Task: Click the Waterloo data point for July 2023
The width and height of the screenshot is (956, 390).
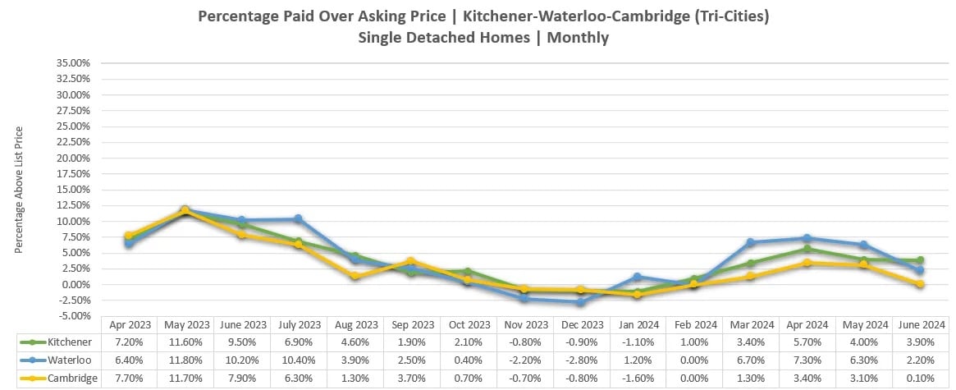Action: [x=298, y=219]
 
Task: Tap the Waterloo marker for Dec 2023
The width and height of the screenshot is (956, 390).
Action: [x=581, y=302]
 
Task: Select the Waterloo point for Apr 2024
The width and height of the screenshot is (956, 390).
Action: [x=807, y=239]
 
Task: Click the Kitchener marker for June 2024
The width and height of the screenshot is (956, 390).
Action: [x=921, y=260]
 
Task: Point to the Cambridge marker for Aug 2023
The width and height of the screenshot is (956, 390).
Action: [x=354, y=277]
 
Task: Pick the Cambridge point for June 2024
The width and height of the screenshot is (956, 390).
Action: [x=921, y=284]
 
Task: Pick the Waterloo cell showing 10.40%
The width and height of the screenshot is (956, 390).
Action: [x=298, y=360]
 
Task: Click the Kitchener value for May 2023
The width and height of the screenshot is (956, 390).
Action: [x=185, y=342]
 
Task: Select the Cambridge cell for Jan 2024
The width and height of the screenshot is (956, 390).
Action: [x=638, y=378]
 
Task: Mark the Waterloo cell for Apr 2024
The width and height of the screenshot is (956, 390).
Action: [x=807, y=360]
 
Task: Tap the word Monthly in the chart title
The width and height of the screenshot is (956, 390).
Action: [x=578, y=37]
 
